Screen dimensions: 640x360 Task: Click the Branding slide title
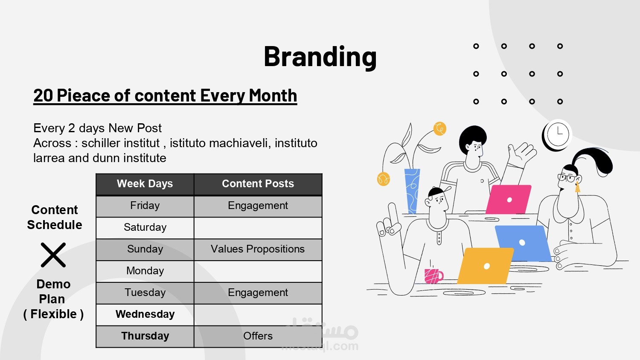click(x=320, y=57)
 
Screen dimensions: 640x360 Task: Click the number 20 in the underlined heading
click(x=43, y=95)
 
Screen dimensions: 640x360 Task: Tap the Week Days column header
click(x=145, y=184)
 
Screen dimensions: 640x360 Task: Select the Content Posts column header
click(x=258, y=184)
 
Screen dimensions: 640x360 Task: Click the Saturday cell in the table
click(x=145, y=227)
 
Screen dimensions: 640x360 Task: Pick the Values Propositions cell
click(x=258, y=249)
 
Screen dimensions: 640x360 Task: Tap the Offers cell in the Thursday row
click(x=258, y=336)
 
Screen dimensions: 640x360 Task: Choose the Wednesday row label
click(x=145, y=314)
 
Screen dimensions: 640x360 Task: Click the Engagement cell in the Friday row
click(x=258, y=206)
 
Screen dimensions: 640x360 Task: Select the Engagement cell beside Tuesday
click(x=258, y=293)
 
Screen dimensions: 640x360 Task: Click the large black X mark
click(x=53, y=255)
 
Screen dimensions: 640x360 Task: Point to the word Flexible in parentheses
click(x=53, y=314)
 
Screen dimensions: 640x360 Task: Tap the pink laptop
click(x=508, y=200)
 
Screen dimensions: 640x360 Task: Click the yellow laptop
click(x=485, y=266)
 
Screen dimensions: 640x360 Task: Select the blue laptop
click(x=523, y=244)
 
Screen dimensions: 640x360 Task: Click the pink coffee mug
click(x=433, y=276)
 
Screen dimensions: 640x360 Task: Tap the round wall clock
click(x=557, y=134)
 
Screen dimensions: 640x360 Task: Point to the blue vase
click(x=412, y=191)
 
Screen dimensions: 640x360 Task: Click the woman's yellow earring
click(x=577, y=187)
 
